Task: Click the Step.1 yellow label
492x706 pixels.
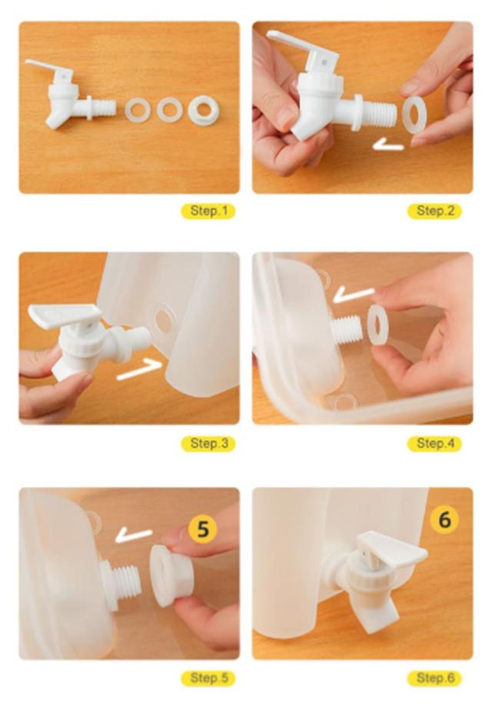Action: tap(208, 211)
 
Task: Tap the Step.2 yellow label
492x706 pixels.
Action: tap(434, 211)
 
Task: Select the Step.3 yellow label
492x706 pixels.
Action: tap(208, 444)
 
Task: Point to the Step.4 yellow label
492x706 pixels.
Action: tap(434, 444)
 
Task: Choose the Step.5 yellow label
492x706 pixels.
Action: tap(208, 678)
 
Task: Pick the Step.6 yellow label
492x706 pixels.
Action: tap(434, 678)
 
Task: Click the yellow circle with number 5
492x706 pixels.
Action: tap(203, 528)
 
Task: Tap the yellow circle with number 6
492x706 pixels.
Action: tap(444, 520)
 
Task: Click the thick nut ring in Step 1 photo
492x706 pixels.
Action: tap(204, 111)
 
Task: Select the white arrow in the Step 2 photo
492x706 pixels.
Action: tap(388, 145)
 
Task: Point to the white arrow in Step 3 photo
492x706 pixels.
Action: tap(138, 371)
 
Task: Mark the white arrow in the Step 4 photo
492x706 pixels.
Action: tap(354, 295)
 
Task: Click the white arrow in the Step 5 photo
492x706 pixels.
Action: tap(134, 535)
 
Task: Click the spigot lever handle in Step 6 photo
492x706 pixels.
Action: tap(391, 548)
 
